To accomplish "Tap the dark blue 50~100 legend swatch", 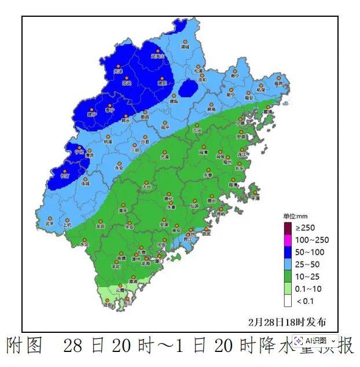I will (288, 252).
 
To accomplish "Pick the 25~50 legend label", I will (306, 265).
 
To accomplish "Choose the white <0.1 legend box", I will (288, 301).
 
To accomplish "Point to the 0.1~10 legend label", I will (307, 289).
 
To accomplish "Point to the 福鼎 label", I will (280, 84).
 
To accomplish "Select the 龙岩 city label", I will (100, 226).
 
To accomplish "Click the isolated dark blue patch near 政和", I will (188, 89).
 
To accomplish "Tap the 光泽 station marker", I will (118, 67).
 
